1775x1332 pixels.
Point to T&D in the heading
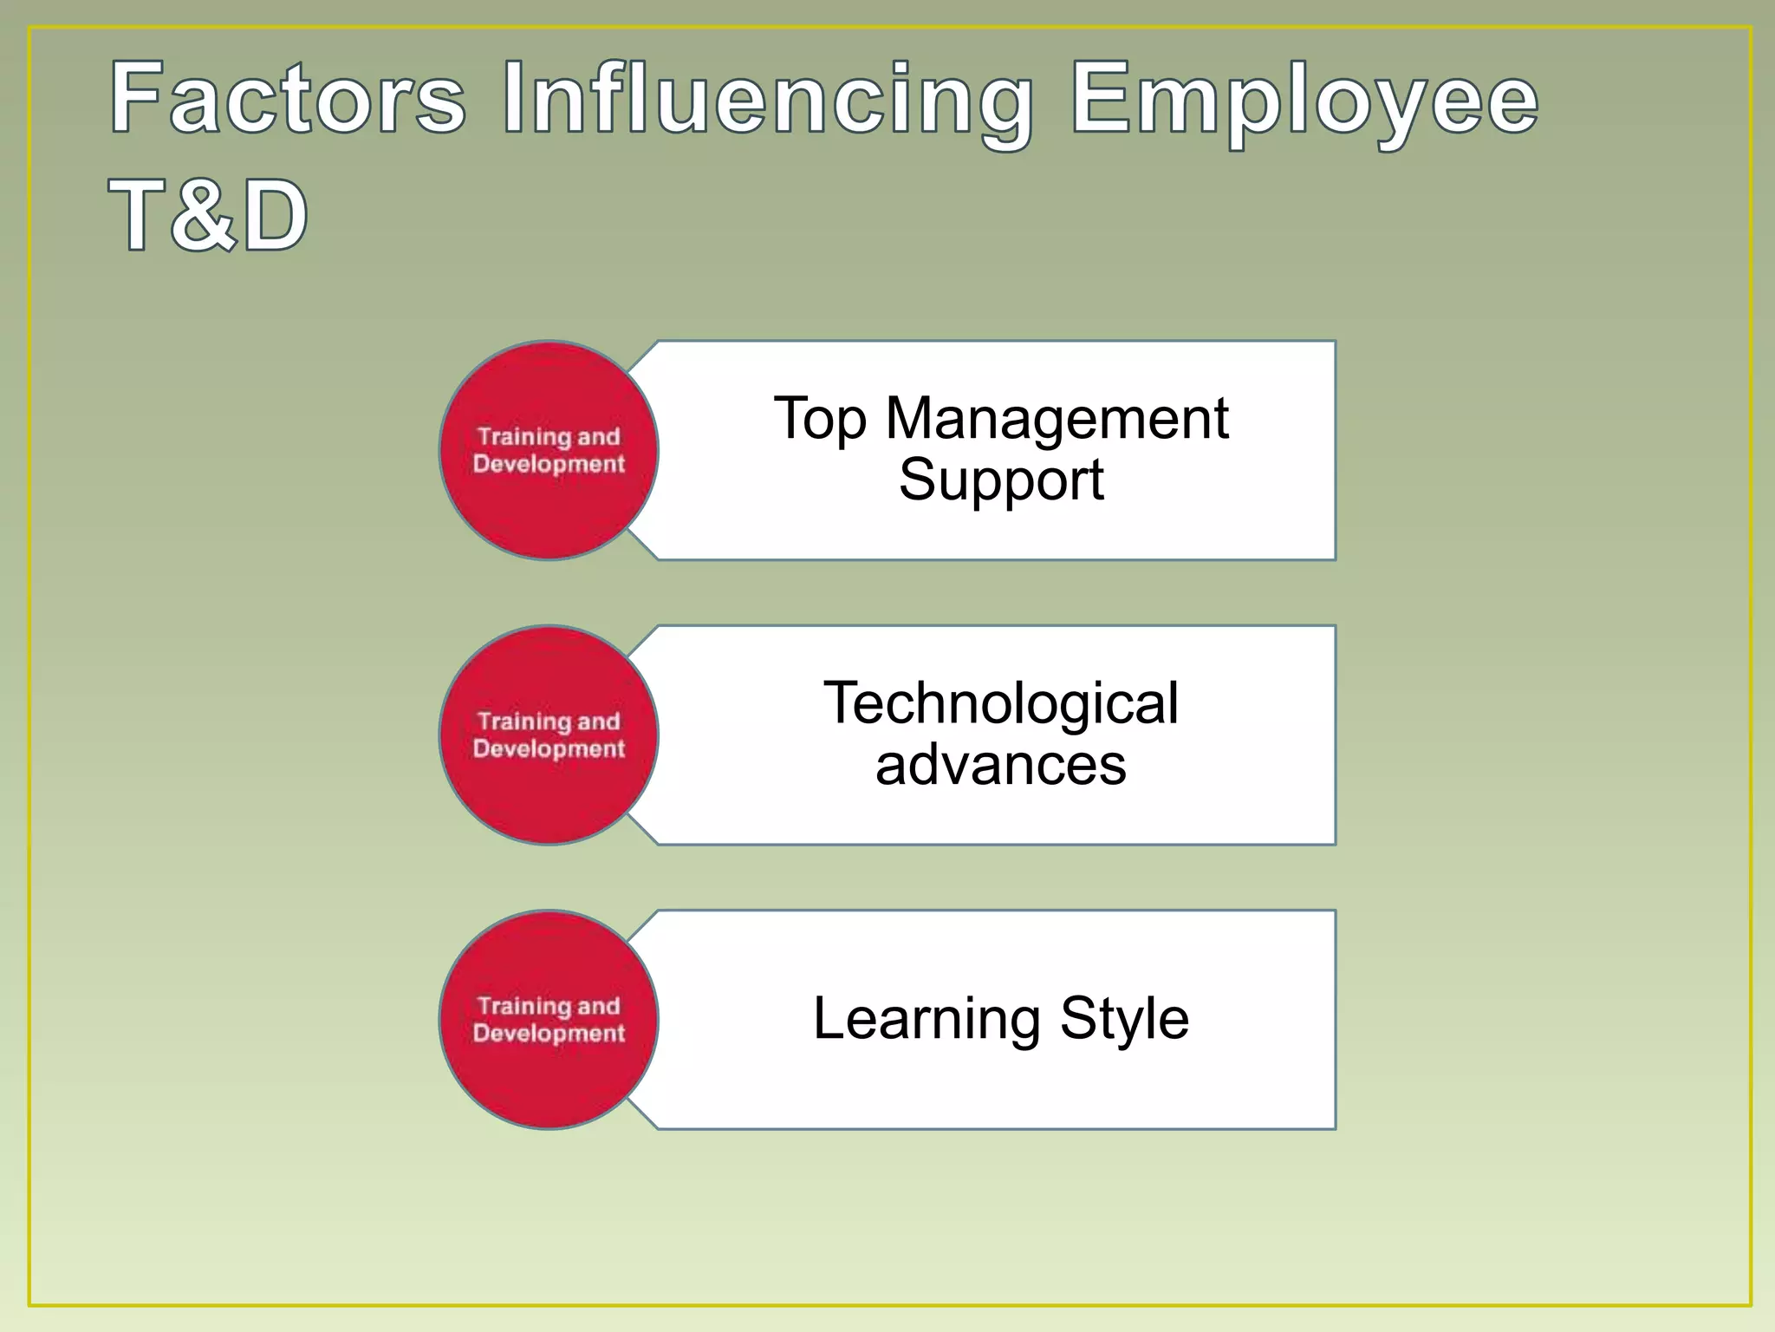click(208, 214)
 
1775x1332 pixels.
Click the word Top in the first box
click(819, 420)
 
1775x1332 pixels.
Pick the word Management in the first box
click(1057, 420)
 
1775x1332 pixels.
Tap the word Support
click(1001, 480)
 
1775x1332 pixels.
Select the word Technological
click(1001, 703)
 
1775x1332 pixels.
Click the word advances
click(1001, 765)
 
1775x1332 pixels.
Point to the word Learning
click(926, 1019)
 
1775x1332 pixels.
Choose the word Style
click(1124, 1019)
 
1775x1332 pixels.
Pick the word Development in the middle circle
click(549, 749)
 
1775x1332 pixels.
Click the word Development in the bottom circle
click(549, 1034)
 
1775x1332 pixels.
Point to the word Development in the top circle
click(549, 465)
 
